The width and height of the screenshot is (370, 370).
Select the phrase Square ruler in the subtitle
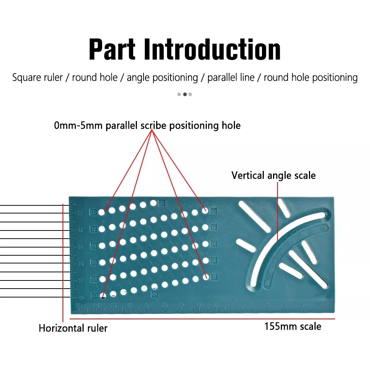pyautogui.click(x=37, y=78)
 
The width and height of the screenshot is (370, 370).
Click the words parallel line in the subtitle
pyautogui.click(x=231, y=78)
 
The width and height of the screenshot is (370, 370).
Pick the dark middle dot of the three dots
pyautogui.click(x=185, y=94)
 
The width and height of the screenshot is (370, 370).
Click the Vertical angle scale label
pyautogui.click(x=273, y=175)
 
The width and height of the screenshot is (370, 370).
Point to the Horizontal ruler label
pyautogui.click(x=73, y=328)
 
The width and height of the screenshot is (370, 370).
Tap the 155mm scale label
pyautogui.click(x=292, y=326)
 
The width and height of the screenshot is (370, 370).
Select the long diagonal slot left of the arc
pyautogui.click(x=255, y=216)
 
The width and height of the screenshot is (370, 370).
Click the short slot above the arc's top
pyautogui.click(x=284, y=208)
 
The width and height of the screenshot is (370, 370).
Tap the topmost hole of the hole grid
pyautogui.click(x=153, y=203)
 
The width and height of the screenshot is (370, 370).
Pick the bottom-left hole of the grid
pyautogui.click(x=102, y=295)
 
